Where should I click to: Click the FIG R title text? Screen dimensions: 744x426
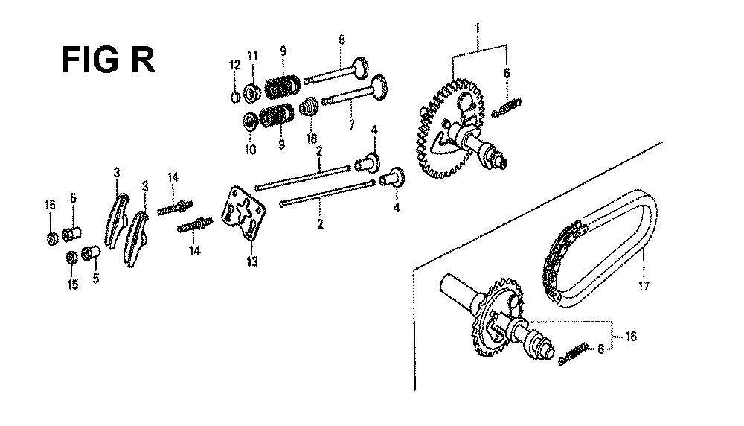coord(108,60)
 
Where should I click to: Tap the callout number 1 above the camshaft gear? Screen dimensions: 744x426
coord(478,28)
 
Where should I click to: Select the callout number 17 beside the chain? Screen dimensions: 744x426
coord(644,286)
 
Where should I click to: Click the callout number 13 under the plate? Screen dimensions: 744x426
coord(252,261)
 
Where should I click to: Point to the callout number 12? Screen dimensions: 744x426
coord(235,65)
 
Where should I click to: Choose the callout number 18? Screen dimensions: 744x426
coord(311,139)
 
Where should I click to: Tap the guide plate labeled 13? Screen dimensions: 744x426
coord(244,213)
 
